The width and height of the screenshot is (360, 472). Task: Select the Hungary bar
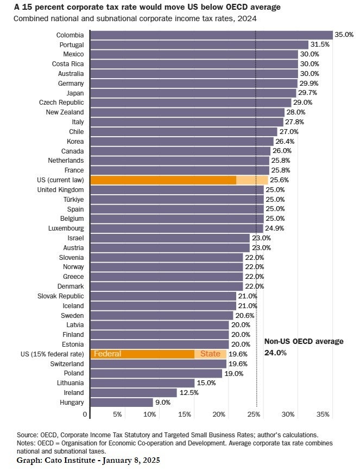[x=121, y=403]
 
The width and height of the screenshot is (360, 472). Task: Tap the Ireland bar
[x=133, y=393]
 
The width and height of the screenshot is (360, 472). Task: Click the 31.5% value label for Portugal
[x=320, y=44]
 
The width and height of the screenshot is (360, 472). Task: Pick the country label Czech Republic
[x=61, y=103]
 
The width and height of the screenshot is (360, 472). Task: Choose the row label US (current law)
[x=61, y=180]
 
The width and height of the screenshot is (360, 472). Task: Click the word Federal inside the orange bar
[x=108, y=354]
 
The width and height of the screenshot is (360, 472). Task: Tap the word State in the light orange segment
[x=210, y=354]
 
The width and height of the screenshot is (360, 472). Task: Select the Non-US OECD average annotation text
[x=304, y=341]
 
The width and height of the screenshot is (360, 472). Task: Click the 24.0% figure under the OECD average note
[x=275, y=353]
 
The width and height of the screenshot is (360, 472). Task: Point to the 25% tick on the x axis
[x=254, y=414]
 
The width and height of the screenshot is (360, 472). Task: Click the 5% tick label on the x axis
[x=117, y=414]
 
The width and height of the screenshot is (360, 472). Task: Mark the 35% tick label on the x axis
[x=323, y=414]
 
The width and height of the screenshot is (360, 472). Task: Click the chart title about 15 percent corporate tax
[x=147, y=7]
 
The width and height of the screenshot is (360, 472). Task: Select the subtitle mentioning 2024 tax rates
[x=135, y=18]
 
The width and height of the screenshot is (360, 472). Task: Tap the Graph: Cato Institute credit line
[x=89, y=460]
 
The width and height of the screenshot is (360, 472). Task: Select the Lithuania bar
[x=142, y=383]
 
